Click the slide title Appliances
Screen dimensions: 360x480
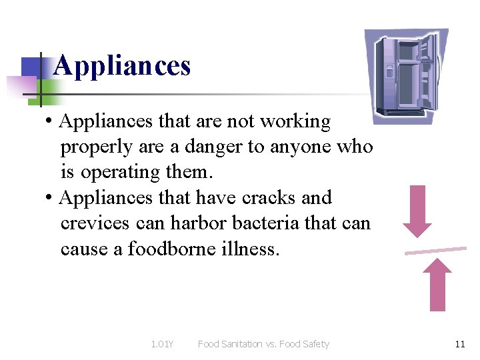click(122, 66)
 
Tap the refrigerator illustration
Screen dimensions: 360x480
click(406, 76)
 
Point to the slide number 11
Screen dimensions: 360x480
click(459, 344)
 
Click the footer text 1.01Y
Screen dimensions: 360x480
click(162, 344)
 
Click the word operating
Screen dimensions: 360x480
click(121, 173)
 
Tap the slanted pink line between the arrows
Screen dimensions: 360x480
click(435, 251)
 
